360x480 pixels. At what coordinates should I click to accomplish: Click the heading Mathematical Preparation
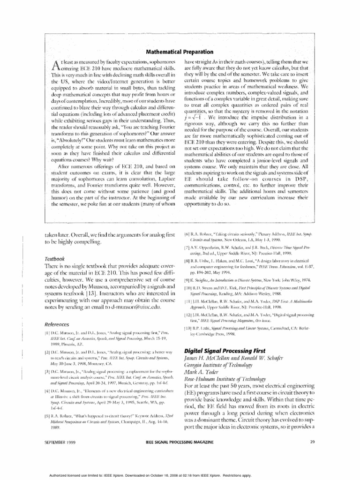180,52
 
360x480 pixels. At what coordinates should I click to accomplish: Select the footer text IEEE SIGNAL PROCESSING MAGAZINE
180,454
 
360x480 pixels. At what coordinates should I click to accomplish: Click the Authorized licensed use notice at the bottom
180,474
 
